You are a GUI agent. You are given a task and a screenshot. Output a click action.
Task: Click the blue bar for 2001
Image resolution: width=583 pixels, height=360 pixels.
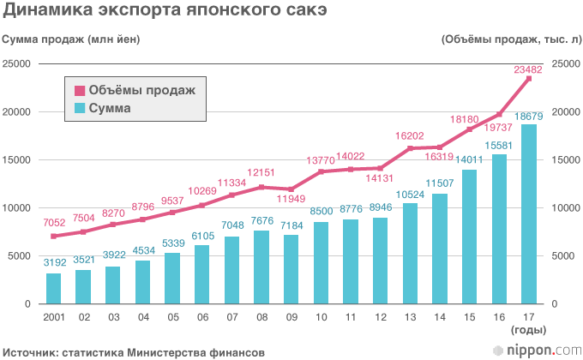pos(53,289)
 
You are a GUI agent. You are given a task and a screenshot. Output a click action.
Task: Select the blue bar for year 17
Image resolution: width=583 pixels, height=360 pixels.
pos(529,214)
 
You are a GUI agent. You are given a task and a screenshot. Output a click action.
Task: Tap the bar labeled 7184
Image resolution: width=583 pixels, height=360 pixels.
pos(291,269)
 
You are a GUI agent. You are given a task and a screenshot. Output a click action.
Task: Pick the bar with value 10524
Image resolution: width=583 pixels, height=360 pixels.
pos(411,254)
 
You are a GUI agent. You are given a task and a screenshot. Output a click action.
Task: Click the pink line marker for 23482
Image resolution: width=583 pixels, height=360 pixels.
pos(529,79)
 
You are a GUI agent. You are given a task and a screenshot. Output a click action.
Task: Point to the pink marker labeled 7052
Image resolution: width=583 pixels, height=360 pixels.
pos(53,236)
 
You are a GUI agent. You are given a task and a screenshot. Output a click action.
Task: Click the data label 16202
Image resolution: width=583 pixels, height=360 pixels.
pos(411,135)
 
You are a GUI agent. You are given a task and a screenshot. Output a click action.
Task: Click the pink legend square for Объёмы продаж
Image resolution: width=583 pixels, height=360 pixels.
pos(80,90)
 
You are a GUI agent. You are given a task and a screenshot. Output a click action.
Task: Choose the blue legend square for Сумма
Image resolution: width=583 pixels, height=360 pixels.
pos(80,109)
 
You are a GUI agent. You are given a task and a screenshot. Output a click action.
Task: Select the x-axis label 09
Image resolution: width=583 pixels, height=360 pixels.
pos(291,317)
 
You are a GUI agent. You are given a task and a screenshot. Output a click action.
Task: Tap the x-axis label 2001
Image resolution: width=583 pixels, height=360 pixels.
pos(53,317)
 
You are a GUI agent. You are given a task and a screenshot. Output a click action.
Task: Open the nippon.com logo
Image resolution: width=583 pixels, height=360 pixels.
pos(538,350)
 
